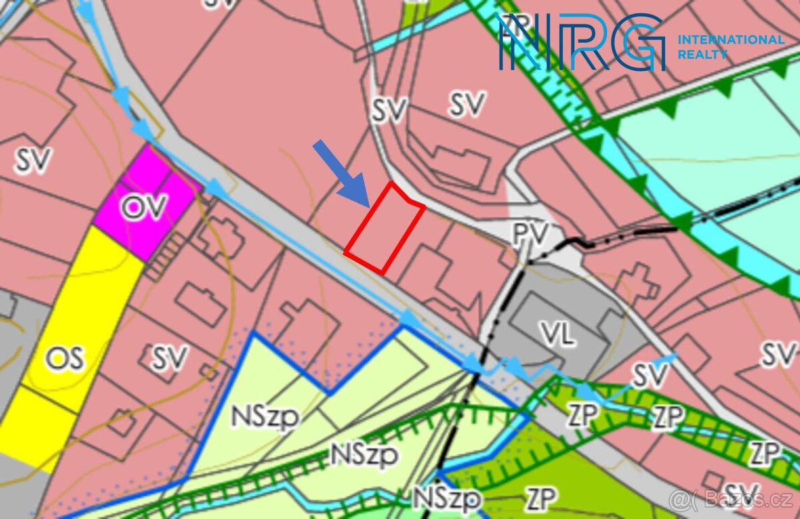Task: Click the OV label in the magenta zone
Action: (x=143, y=207)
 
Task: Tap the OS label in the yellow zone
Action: (x=65, y=360)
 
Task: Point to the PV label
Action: (x=530, y=234)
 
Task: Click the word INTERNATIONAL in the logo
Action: (x=731, y=40)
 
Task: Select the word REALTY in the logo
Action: (x=702, y=55)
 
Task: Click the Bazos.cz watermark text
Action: (x=733, y=498)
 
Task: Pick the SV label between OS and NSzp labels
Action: (x=169, y=358)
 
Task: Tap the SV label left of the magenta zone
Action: (x=33, y=160)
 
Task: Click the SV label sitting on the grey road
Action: (x=389, y=111)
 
